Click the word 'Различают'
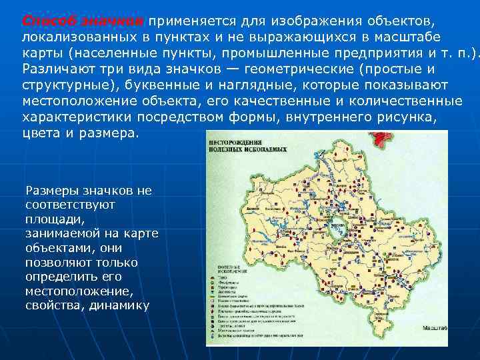[61, 68]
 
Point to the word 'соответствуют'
[70, 205]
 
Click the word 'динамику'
[120, 306]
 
